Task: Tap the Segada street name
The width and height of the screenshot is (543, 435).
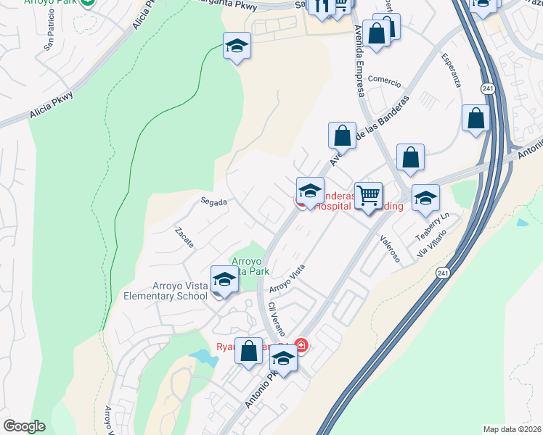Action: pyautogui.click(x=214, y=202)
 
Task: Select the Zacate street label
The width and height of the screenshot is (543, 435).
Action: pyautogui.click(x=184, y=237)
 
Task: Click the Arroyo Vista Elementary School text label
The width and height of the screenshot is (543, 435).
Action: pyautogui.click(x=166, y=291)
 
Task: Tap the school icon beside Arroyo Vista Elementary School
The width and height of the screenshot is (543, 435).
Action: pyautogui.click(x=224, y=280)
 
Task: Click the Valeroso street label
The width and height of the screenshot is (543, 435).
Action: pyautogui.click(x=390, y=251)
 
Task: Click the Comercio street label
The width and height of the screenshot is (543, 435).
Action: pyautogui.click(x=384, y=79)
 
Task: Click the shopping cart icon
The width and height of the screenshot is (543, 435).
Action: pyautogui.click(x=369, y=195)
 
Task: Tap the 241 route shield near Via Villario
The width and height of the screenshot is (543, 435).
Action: pyautogui.click(x=443, y=273)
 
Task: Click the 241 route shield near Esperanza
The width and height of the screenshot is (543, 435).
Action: pyautogui.click(x=486, y=88)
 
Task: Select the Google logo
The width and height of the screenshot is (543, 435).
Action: pyautogui.click(x=24, y=426)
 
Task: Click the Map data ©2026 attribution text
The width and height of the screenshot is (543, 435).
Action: pyautogui.click(x=512, y=429)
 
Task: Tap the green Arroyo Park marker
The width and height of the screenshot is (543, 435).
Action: pyautogui.click(x=88, y=2)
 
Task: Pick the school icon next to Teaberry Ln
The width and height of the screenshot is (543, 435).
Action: pyautogui.click(x=425, y=197)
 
